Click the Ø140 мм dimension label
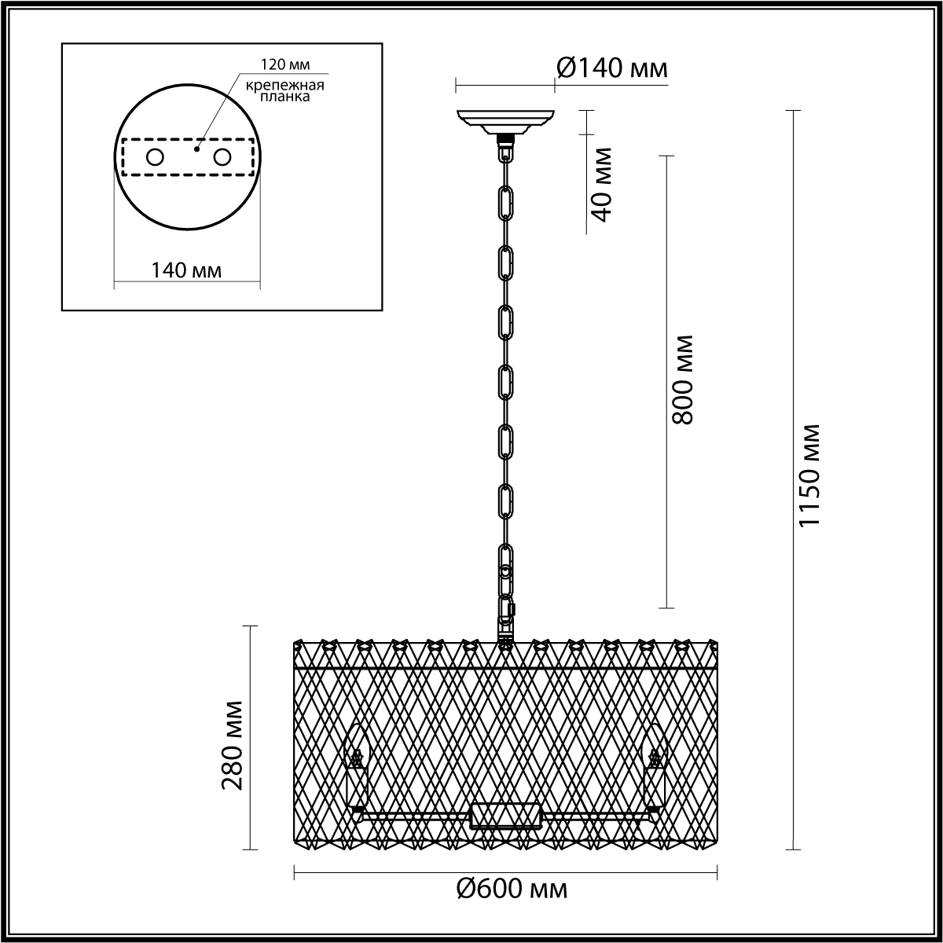tap(611, 68)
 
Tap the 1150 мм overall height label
tap(809, 475)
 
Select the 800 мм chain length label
tap(682, 380)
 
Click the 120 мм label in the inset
tap(285, 64)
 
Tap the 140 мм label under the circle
tap(186, 270)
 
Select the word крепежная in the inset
tap(284, 85)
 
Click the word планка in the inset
tap(284, 97)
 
